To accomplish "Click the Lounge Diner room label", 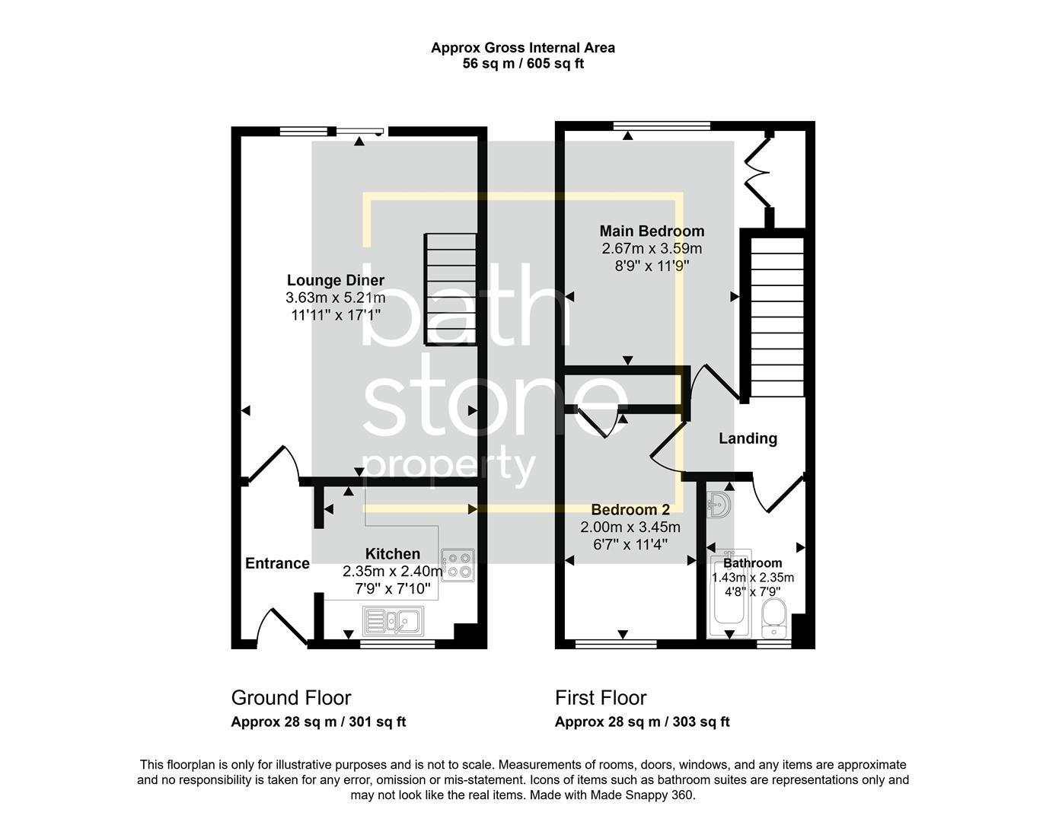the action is pyautogui.click(x=335, y=280).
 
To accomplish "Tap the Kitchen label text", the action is pyautogui.click(x=392, y=554).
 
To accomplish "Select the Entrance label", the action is pyautogui.click(x=277, y=563).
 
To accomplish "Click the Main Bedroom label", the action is pyautogui.click(x=652, y=231).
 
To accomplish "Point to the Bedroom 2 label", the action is pyautogui.click(x=630, y=510).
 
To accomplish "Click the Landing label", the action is pyautogui.click(x=748, y=438).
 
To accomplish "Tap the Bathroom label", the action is pyautogui.click(x=752, y=563).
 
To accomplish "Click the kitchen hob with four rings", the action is pyautogui.click(x=457, y=565).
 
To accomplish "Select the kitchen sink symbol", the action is pyautogui.click(x=393, y=620).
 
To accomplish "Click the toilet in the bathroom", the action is pyautogui.click(x=773, y=617).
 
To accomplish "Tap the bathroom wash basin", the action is pyautogui.click(x=719, y=504).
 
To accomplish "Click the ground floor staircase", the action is pyautogui.click(x=451, y=289).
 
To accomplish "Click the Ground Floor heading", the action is pyautogui.click(x=291, y=698).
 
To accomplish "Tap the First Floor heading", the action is pyautogui.click(x=601, y=698).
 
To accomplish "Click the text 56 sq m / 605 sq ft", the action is pyautogui.click(x=523, y=64).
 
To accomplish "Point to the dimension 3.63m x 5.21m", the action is pyautogui.click(x=335, y=298).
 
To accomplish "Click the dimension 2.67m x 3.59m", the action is pyautogui.click(x=652, y=248).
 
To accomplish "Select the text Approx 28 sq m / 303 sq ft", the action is pyautogui.click(x=642, y=722).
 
